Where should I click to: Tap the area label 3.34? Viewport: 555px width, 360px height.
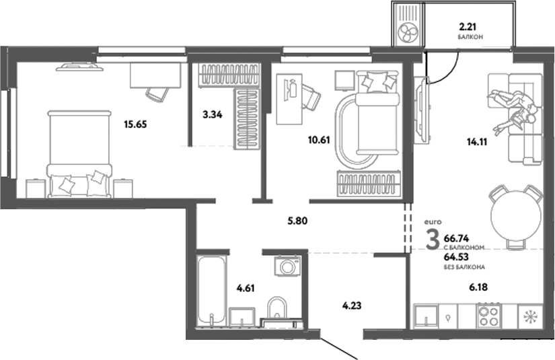[x=213, y=114]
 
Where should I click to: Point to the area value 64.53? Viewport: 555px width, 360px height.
[x=457, y=256]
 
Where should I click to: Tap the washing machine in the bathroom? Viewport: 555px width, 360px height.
[x=287, y=266]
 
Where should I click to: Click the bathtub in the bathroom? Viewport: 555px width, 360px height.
[x=213, y=289]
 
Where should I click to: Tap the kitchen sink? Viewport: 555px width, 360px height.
[x=425, y=315]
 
